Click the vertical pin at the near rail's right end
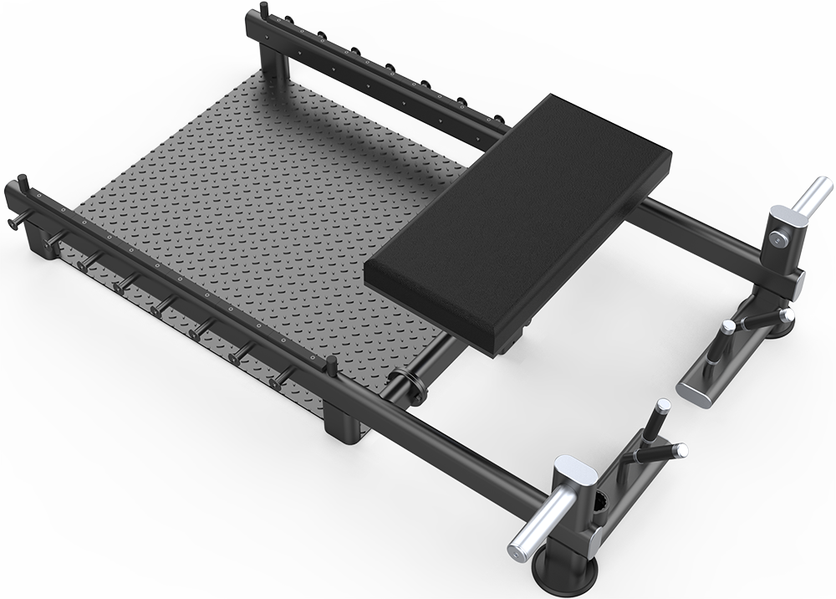(331, 365)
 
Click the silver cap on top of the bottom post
(576, 472)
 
